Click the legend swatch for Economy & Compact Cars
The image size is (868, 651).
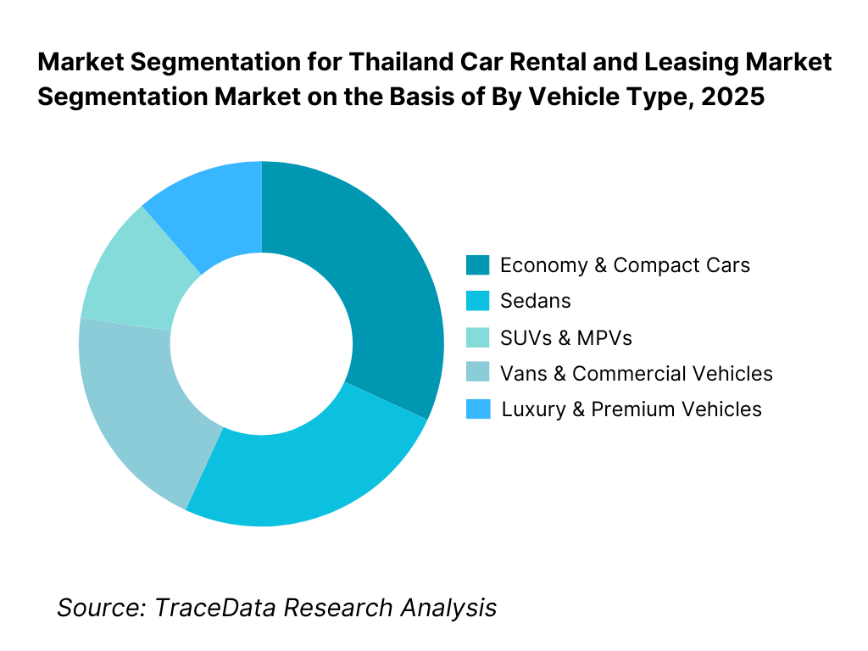[477, 265]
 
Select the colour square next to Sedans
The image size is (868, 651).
[477, 301]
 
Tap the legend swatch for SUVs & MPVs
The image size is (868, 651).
[477, 337]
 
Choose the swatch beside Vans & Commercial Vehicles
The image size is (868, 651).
[477, 373]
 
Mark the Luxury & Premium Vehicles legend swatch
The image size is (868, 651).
[477, 409]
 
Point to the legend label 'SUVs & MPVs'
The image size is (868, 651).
[566, 337]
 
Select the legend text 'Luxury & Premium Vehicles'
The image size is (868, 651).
[632, 409]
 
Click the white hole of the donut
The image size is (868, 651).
[261, 343]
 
